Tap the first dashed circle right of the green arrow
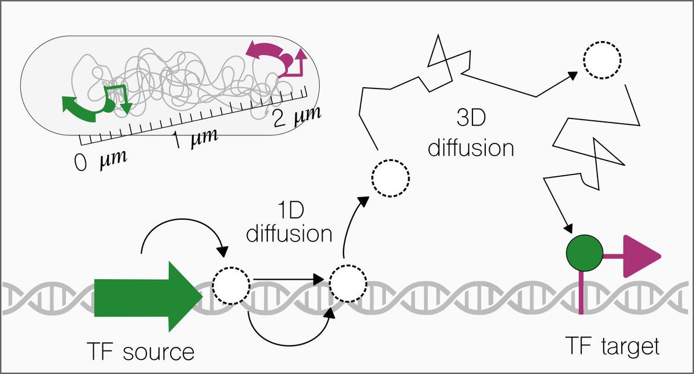(x=231, y=285)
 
